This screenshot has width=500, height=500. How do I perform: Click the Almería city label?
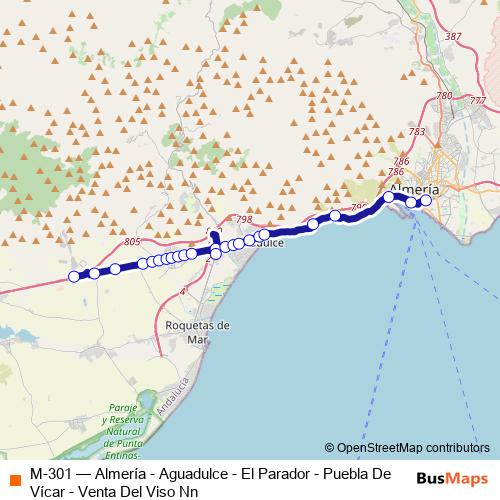(x=414, y=188)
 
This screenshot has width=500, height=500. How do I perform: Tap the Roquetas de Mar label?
(x=196, y=331)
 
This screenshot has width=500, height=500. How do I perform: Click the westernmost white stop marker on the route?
(x=74, y=277)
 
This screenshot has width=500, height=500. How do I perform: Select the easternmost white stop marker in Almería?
(x=426, y=201)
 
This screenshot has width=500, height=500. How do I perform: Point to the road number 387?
(x=454, y=37)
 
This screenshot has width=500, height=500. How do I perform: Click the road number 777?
(x=478, y=101)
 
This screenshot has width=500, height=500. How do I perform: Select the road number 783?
(x=417, y=132)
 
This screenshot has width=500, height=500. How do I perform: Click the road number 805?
(x=133, y=243)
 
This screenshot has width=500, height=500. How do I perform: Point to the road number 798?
(x=242, y=219)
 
